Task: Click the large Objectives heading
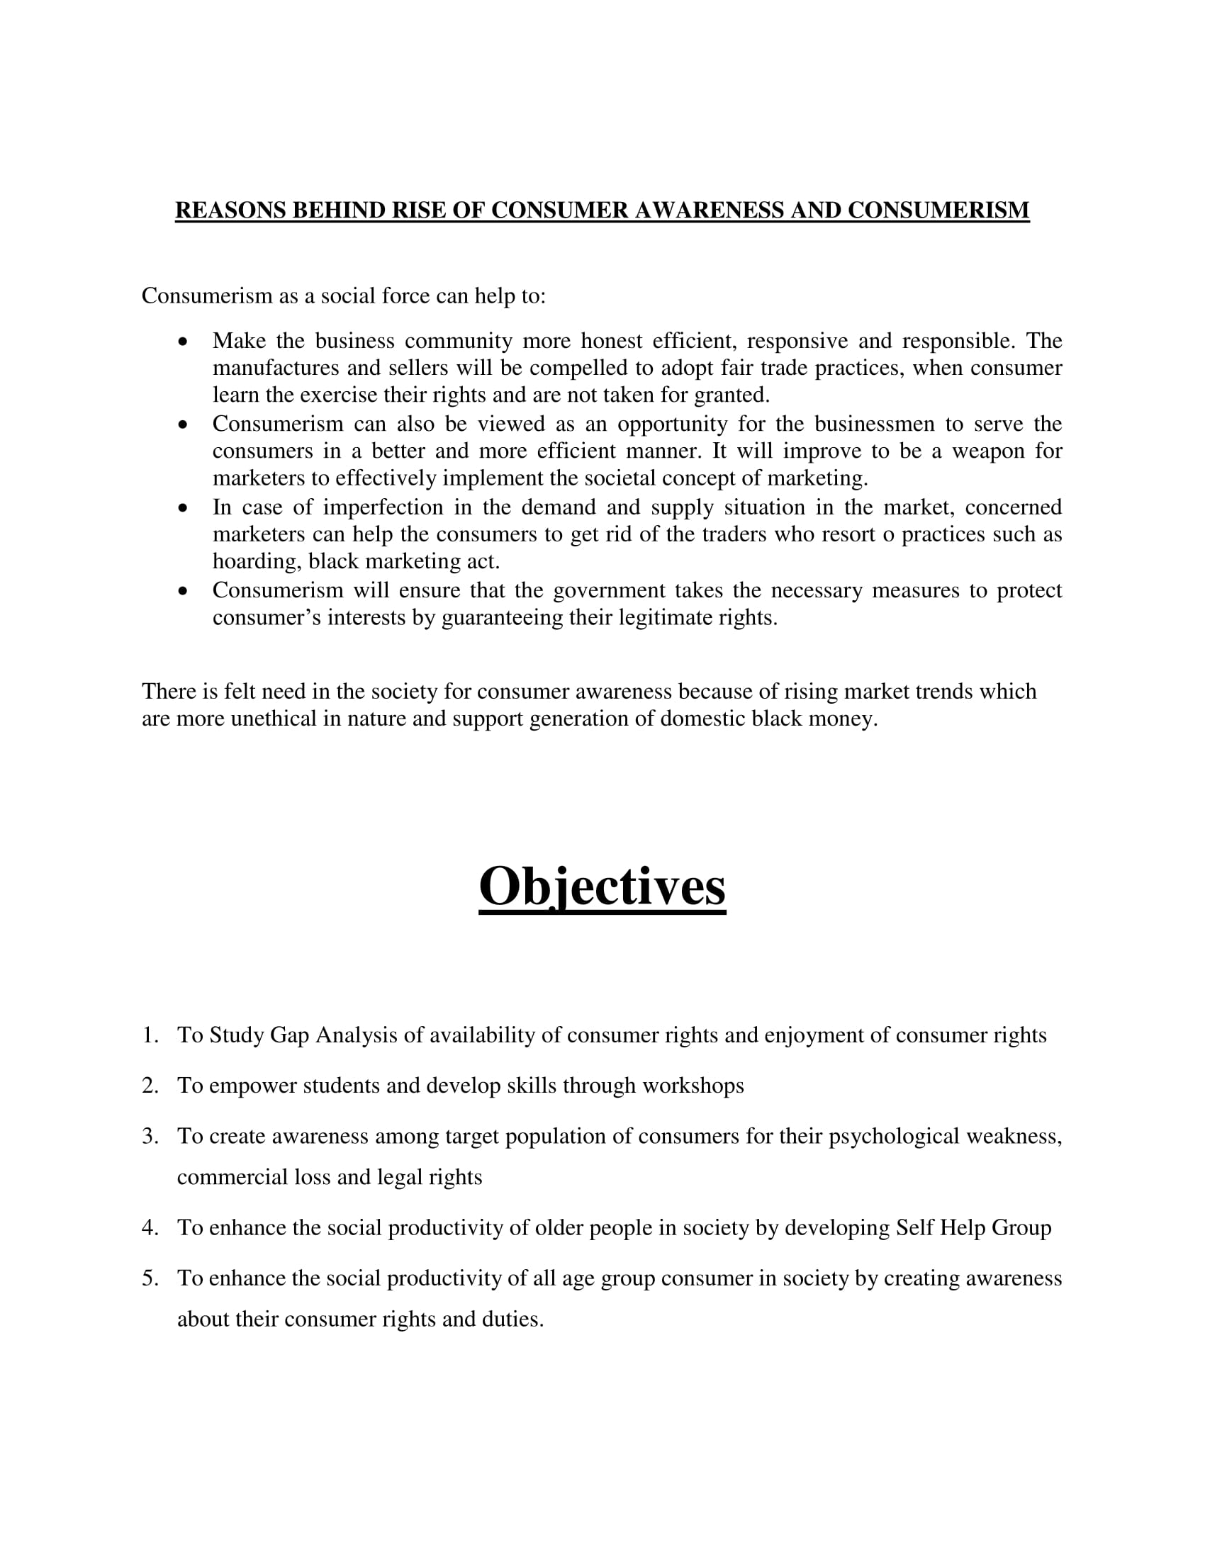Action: pyautogui.click(x=602, y=887)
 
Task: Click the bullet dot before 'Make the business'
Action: pyautogui.click(x=184, y=342)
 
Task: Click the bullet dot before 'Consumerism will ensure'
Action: pyautogui.click(x=184, y=592)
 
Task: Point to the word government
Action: pyautogui.click(x=609, y=591)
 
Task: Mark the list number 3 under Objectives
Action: pyautogui.click(x=150, y=1137)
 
